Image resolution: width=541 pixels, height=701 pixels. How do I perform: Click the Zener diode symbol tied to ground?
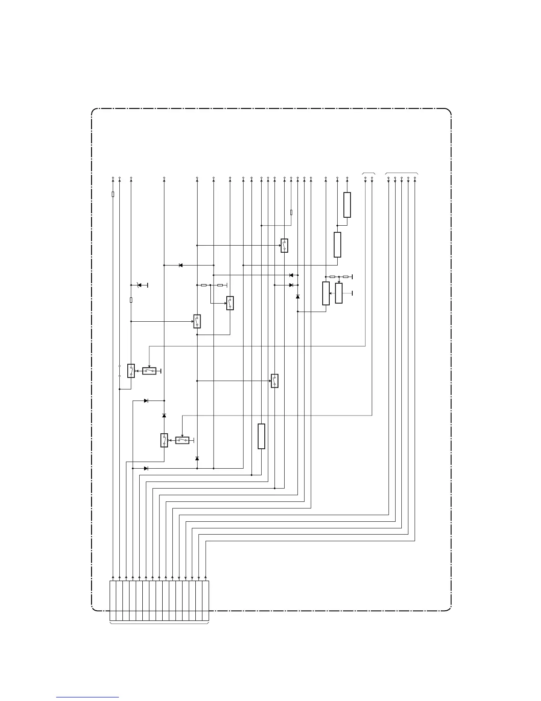click(140, 285)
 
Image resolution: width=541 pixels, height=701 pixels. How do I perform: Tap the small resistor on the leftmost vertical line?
click(113, 194)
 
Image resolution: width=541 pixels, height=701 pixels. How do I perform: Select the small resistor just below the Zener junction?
click(131, 300)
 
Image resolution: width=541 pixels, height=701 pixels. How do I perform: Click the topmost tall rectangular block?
click(347, 205)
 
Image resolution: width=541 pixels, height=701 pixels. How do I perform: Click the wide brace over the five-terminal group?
click(401, 173)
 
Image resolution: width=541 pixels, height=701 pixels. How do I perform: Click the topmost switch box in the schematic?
click(284, 246)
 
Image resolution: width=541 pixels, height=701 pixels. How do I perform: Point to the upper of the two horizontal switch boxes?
click(149, 371)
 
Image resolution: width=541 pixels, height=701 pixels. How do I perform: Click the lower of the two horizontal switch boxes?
click(182, 440)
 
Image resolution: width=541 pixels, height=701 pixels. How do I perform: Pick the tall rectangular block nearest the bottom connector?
click(261, 436)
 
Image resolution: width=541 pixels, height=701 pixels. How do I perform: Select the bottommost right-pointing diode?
click(146, 468)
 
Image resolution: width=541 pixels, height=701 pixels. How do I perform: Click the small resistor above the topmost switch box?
click(291, 212)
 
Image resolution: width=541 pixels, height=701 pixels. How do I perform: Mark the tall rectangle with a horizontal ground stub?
click(339, 293)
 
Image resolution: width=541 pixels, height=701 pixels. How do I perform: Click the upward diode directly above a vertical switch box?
click(164, 416)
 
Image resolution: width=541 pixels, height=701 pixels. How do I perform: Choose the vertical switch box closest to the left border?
click(131, 371)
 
